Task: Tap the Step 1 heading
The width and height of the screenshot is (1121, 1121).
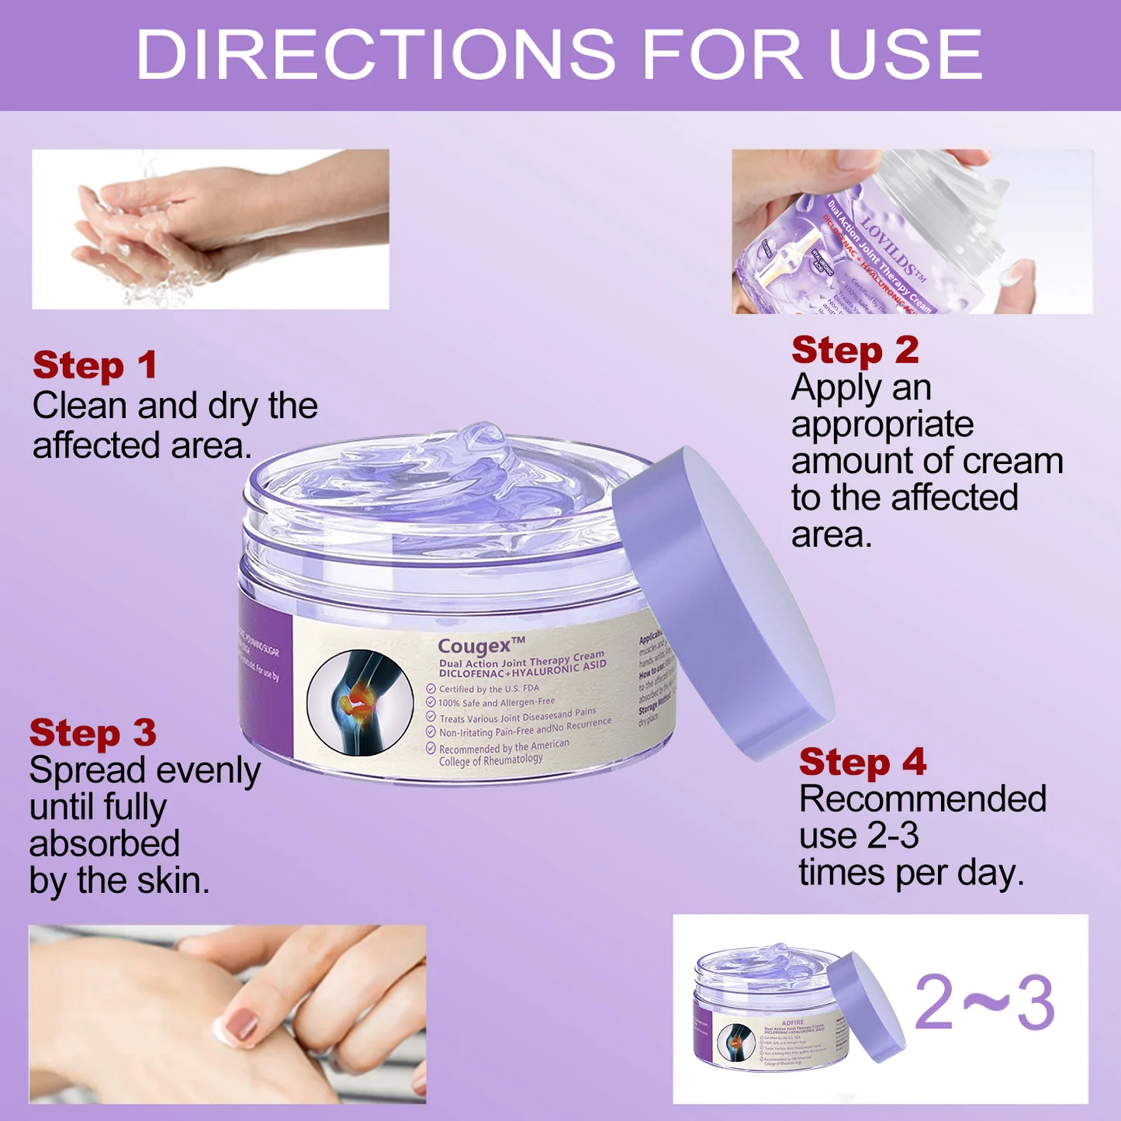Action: pyautogui.click(x=95, y=365)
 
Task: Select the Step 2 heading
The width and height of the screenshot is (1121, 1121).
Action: pyautogui.click(x=855, y=351)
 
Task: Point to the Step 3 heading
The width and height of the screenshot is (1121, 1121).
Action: pyautogui.click(x=92, y=733)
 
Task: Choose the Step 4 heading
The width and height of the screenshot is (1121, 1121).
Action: pyautogui.click(x=863, y=763)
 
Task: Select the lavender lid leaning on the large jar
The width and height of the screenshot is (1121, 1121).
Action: pyautogui.click(x=721, y=605)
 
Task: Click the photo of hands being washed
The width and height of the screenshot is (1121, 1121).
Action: pyautogui.click(x=209, y=230)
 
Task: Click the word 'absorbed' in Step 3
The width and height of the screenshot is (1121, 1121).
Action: pyautogui.click(x=105, y=844)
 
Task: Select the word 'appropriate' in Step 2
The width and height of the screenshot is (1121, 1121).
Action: pyautogui.click(x=882, y=425)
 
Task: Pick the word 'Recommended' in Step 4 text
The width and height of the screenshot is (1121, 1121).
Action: pyautogui.click(x=922, y=799)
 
